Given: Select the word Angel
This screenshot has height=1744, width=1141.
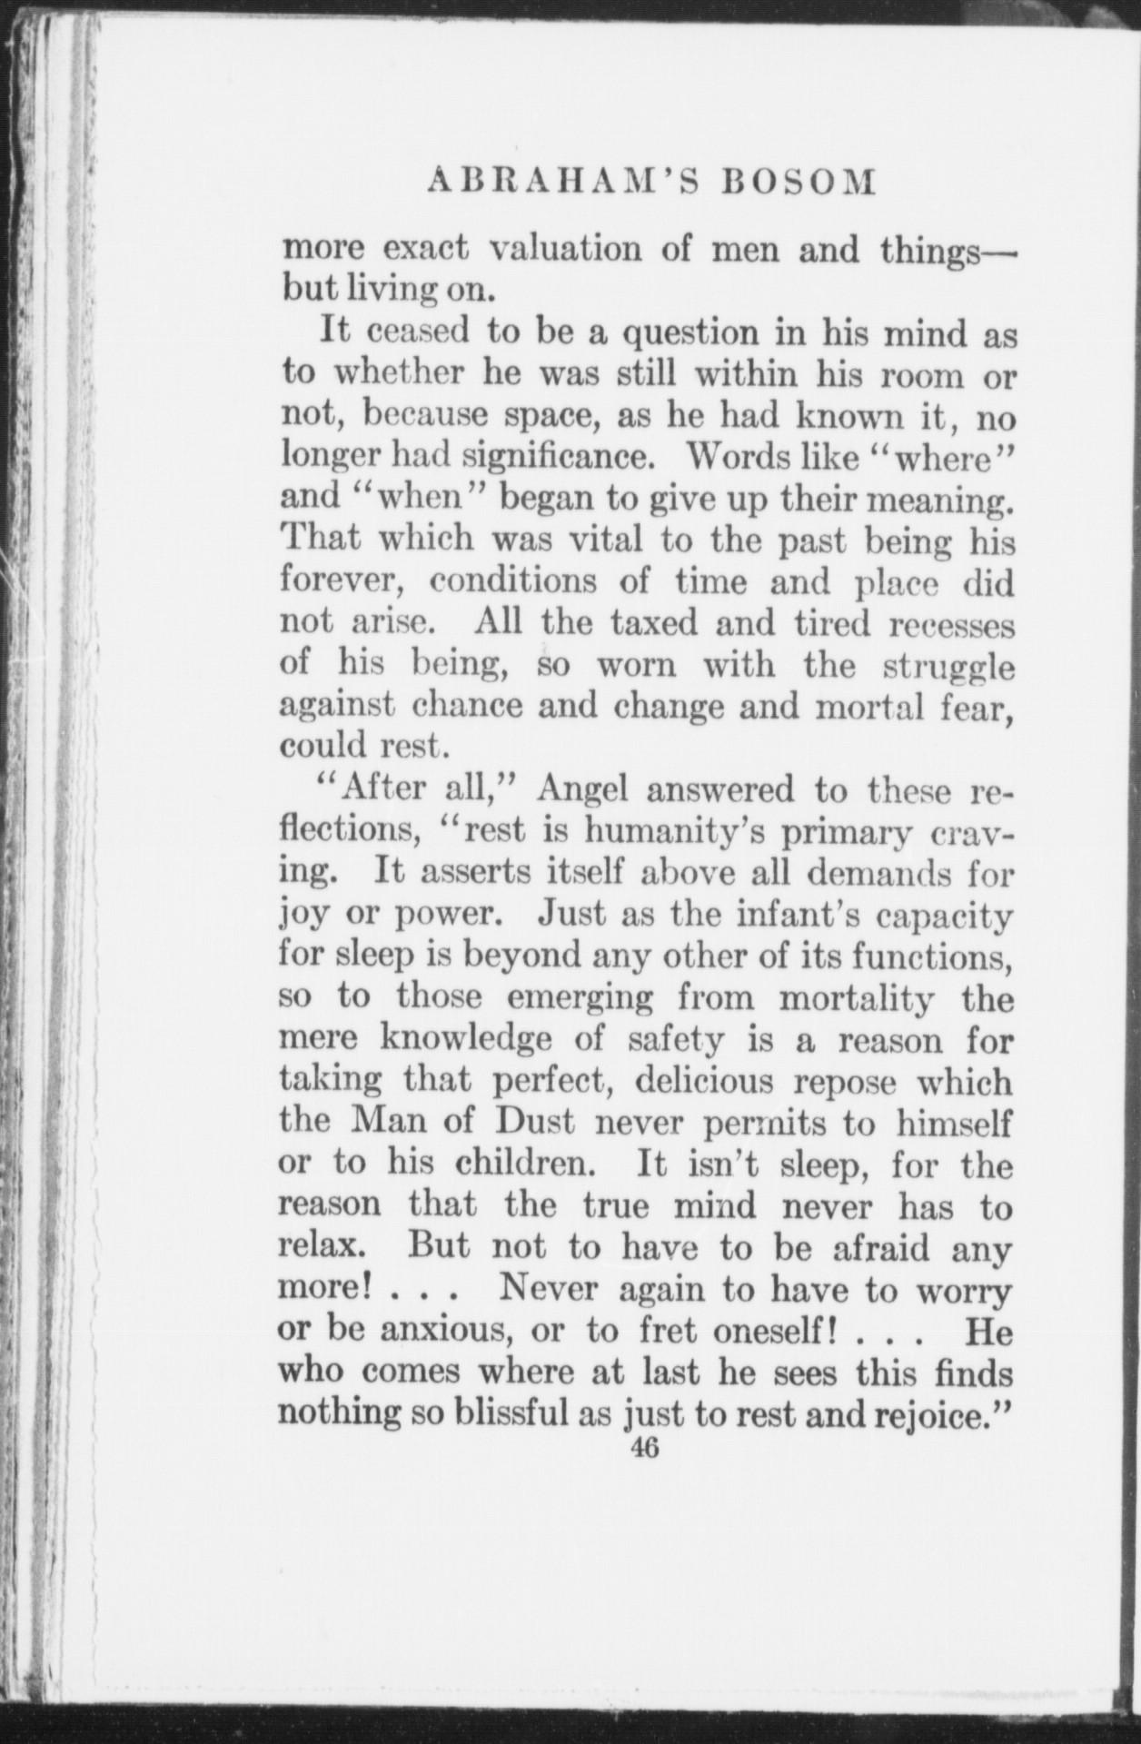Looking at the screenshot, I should [x=582, y=788].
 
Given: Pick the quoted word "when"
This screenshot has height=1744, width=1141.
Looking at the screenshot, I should [x=423, y=499].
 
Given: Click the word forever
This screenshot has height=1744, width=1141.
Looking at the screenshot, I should [x=342, y=581].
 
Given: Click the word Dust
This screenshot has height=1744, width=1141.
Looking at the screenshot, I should [x=536, y=1124].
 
